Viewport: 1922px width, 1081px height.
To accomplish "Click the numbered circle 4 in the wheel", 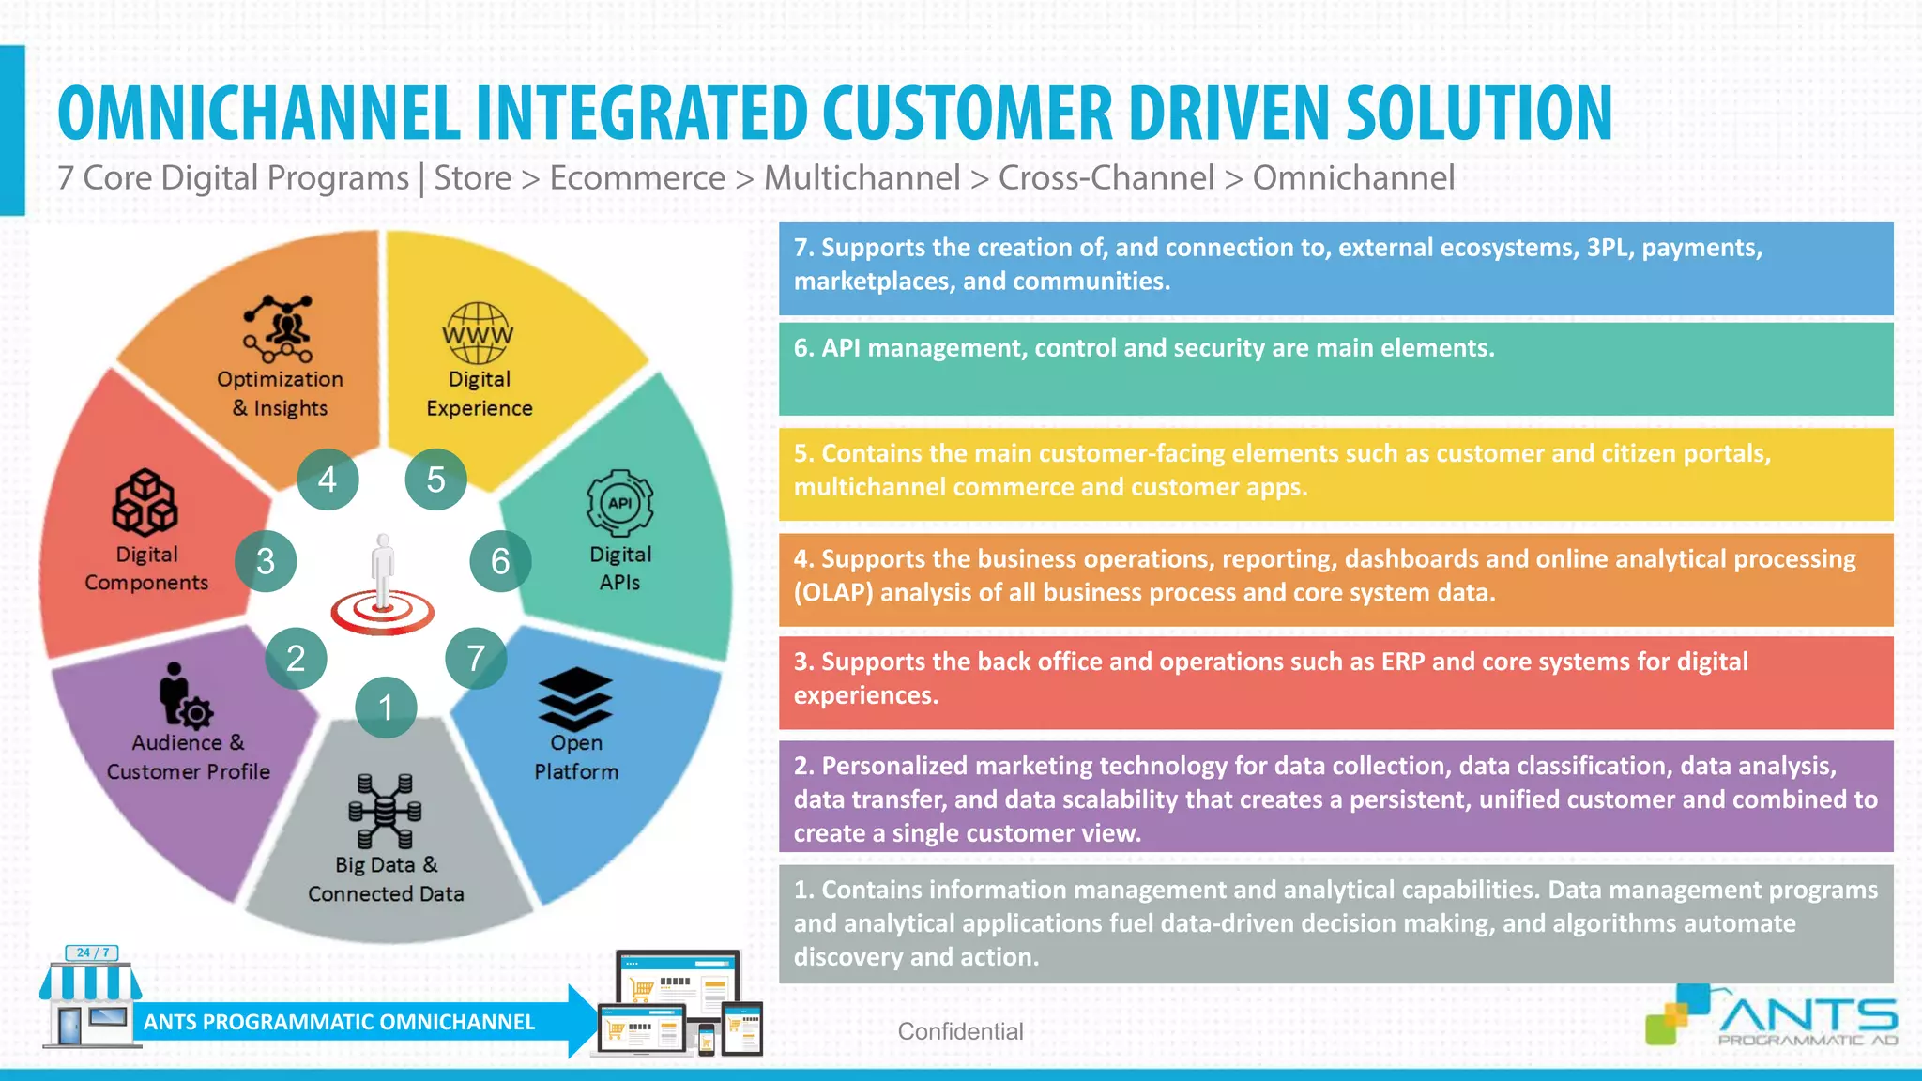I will pos(328,480).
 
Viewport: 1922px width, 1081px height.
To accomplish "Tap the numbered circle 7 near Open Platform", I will pos(476,658).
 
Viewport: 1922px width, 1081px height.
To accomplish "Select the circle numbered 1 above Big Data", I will pos(386,707).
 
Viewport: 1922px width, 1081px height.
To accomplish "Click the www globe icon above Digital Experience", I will pos(478,333).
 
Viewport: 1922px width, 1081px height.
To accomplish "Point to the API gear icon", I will pos(619,504).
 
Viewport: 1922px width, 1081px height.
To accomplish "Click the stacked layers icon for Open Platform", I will pos(575,699).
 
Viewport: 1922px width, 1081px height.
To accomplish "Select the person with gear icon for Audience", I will pos(184,696).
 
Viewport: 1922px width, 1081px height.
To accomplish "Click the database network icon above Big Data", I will pos(385,811).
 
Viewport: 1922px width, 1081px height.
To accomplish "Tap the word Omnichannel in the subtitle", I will pos(1353,177).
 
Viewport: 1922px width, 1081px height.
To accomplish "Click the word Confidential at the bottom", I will pos(960,1031).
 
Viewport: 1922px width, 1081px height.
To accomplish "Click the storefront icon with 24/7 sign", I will pos(90,998).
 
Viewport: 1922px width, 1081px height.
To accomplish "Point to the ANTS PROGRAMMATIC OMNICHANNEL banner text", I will pos(339,1022).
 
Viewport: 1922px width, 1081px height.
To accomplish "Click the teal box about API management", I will pos(1335,369).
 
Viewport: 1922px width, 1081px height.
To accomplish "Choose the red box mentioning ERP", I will pos(1335,682).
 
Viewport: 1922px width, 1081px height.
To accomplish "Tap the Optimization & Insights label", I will pos(280,393).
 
